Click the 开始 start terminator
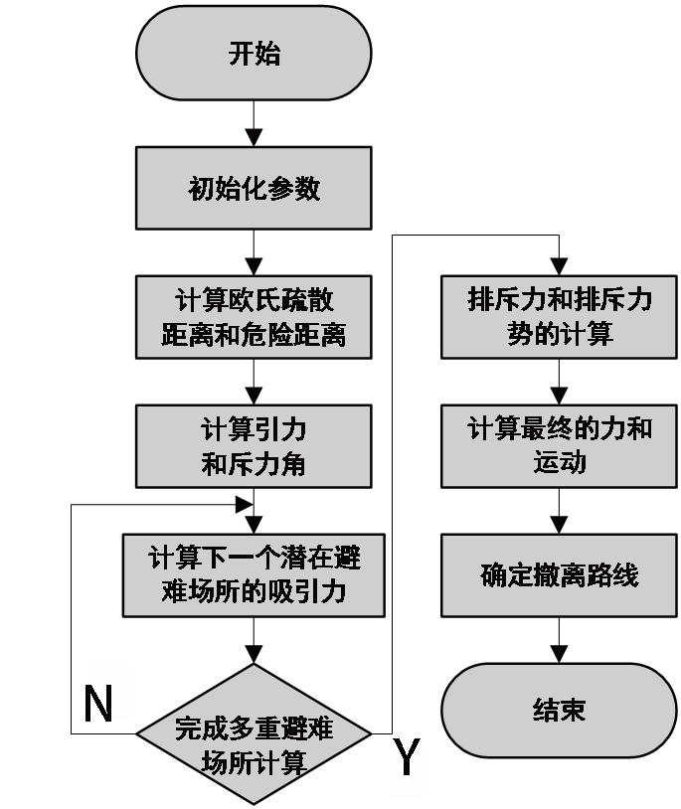[255, 54]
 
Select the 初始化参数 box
[255, 189]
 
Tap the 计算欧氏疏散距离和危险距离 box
[255, 317]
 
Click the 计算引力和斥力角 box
[255, 446]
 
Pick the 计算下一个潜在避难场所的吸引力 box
[254, 574]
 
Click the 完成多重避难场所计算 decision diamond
[254, 734]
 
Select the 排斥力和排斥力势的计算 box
[560, 317]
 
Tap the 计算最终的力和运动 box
[560, 446]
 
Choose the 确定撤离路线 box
[560, 574]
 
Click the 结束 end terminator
[560, 709]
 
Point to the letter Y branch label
[406, 757]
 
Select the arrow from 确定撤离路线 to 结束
[560, 640]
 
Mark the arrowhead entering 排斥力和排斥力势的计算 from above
[560, 267]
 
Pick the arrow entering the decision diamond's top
[255, 641]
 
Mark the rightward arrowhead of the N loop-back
[243, 504]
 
